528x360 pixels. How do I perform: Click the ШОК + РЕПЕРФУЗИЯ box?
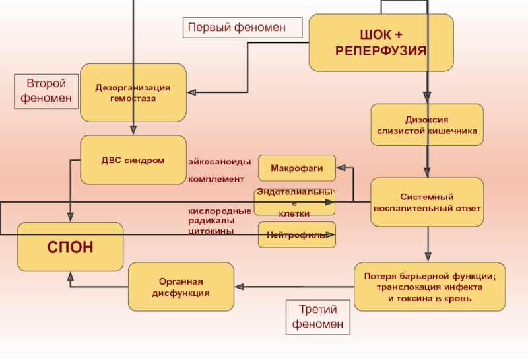381,42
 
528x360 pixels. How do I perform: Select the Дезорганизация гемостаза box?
133,92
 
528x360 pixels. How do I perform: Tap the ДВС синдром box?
133,160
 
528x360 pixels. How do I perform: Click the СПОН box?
70,247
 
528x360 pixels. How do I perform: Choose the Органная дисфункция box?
180,287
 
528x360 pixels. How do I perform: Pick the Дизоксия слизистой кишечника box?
426,126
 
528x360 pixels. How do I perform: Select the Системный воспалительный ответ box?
426,202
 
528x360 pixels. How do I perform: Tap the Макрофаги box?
296,168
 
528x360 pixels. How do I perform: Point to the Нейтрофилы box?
296,235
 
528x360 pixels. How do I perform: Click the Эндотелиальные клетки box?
294,202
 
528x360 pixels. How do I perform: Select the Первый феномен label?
242,28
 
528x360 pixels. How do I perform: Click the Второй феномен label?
46,92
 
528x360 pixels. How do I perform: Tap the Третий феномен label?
318,317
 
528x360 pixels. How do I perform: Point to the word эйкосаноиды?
219,162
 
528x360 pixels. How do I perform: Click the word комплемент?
216,179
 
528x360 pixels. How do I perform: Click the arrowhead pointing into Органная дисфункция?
240,287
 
